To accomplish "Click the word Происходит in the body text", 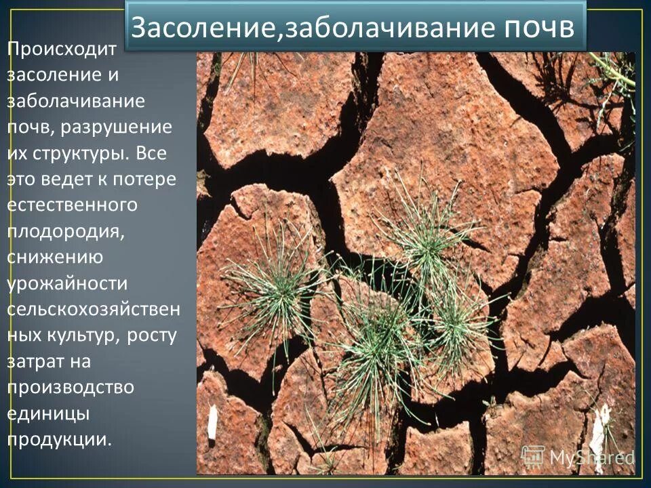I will tap(62, 49).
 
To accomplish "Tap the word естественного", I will tap(72, 205).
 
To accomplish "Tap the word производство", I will tap(71, 387).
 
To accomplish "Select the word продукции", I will tap(58, 439).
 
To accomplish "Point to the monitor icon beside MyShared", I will tap(533, 456).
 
